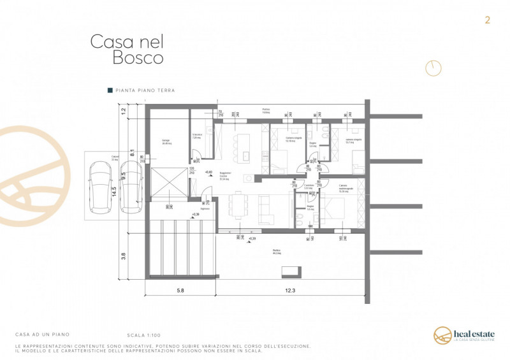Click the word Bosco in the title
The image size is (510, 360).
click(x=138, y=58)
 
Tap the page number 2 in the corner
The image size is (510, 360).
click(x=488, y=20)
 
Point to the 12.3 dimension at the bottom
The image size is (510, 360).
click(x=290, y=291)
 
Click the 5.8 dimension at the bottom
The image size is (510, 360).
click(x=180, y=291)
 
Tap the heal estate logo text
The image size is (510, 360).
click(x=472, y=333)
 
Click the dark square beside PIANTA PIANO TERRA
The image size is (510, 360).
click(x=110, y=91)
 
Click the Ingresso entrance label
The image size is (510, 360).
click(x=205, y=208)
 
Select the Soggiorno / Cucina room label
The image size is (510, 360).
click(x=225, y=176)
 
